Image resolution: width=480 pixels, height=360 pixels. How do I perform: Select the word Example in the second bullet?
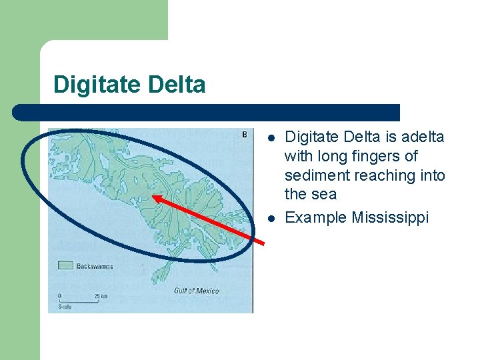[x=315, y=218]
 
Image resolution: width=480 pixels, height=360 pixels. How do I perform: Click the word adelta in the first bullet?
[x=422, y=137]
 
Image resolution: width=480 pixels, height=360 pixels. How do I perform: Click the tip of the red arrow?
[x=153, y=196]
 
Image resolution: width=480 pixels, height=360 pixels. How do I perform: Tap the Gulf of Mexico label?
[x=196, y=291]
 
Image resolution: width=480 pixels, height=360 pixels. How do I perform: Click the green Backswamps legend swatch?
[x=65, y=265]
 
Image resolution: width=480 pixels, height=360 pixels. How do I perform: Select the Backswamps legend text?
[x=94, y=266]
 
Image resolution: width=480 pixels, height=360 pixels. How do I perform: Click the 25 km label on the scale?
[x=101, y=295]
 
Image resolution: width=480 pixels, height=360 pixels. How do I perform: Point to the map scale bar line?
[x=80, y=301]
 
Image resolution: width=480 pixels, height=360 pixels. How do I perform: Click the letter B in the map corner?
[x=243, y=134]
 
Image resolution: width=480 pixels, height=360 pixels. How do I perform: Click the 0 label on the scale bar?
[x=60, y=295]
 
